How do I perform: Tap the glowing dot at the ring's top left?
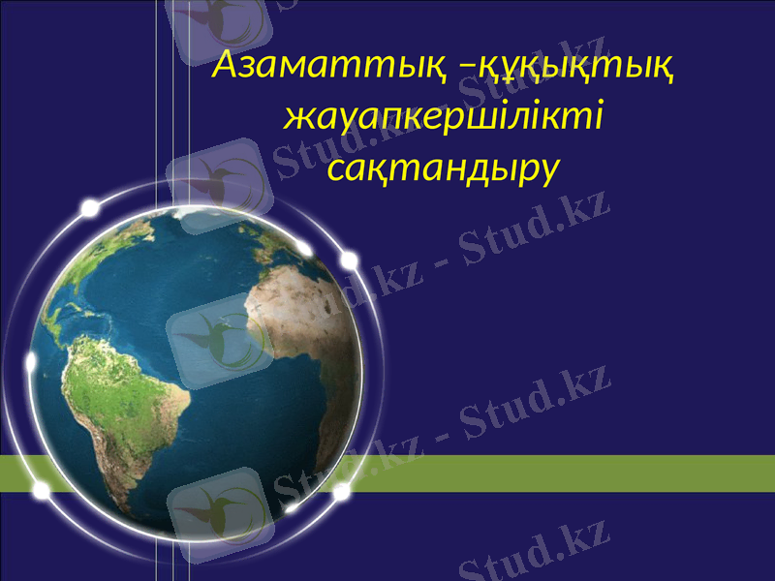[90, 208]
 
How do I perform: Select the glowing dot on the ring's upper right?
[349, 260]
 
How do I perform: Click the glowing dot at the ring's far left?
[31, 362]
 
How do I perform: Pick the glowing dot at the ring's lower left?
[42, 491]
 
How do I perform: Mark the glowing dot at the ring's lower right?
[341, 492]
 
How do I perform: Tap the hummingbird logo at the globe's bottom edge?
[218, 508]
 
